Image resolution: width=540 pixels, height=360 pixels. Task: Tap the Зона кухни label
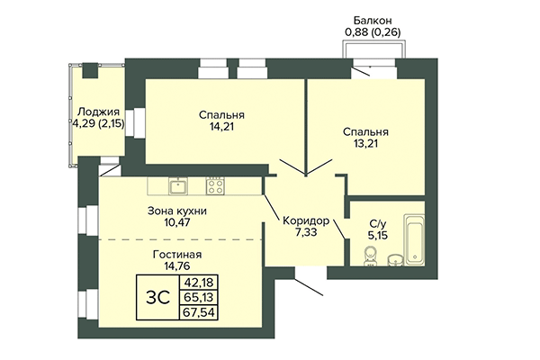point(177,211)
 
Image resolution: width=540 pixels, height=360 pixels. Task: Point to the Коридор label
point(305,221)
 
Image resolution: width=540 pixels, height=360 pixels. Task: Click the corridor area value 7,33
point(305,234)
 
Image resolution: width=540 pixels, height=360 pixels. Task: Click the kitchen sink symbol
point(177,186)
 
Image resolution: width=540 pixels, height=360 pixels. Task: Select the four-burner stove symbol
point(215,186)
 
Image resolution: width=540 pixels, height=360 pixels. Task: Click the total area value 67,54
point(192,314)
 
